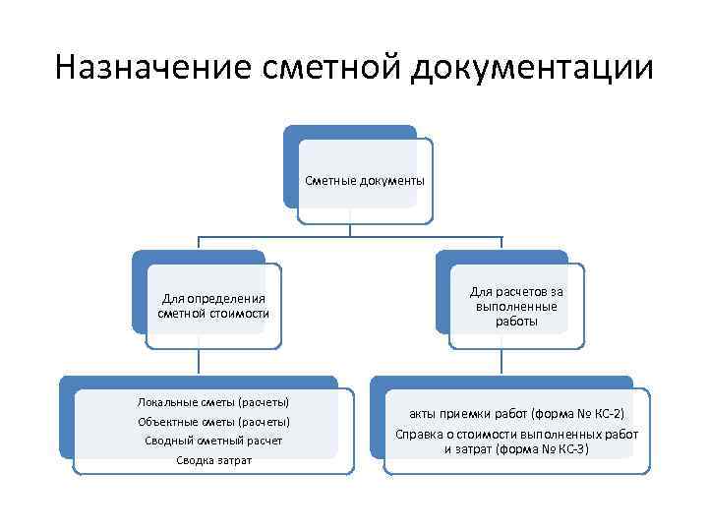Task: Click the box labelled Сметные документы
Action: (x=365, y=181)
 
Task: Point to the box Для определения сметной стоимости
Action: (x=213, y=305)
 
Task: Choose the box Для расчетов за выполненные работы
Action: (x=516, y=306)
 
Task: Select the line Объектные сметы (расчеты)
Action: (x=212, y=421)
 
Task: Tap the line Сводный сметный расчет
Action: (x=212, y=441)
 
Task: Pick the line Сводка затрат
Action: (x=213, y=460)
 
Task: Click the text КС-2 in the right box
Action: (x=607, y=414)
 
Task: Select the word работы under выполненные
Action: (x=516, y=321)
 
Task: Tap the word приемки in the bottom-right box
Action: (x=467, y=414)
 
